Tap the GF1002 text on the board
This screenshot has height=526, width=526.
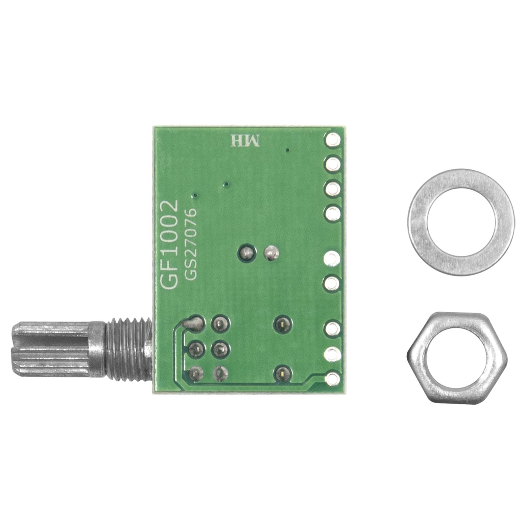[x=169, y=245]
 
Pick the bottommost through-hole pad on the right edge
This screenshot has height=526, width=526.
[x=332, y=379]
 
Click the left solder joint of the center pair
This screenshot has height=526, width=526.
[x=246, y=253]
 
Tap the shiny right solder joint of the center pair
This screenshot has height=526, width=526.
[x=271, y=253]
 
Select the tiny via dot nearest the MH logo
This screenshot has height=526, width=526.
[x=288, y=150]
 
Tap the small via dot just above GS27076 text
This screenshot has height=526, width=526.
[x=195, y=196]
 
